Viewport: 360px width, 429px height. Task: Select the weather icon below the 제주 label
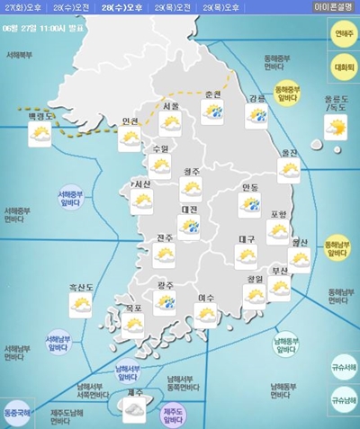point(134,410)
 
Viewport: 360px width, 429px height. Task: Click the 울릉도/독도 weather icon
point(336,128)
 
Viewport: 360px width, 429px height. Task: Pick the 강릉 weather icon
point(257,114)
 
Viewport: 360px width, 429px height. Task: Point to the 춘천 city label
point(212,94)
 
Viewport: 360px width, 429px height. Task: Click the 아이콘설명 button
point(334,7)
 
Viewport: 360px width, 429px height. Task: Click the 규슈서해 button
point(344,367)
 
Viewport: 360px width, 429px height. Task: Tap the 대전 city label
point(189,210)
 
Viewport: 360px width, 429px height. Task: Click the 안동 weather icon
point(249,204)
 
